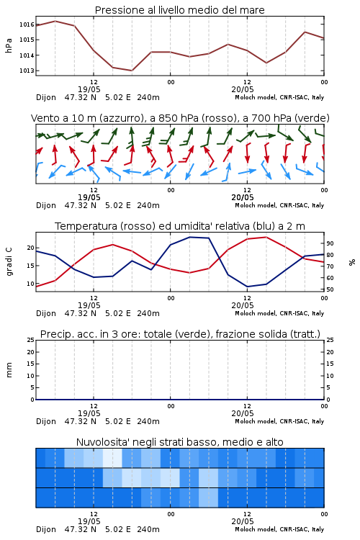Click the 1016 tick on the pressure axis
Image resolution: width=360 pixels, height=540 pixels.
27,24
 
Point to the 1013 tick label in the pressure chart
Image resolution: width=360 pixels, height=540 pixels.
27,71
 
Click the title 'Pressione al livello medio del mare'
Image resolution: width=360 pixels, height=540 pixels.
180,10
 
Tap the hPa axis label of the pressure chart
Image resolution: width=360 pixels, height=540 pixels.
9,45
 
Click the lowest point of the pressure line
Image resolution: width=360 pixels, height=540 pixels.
132,71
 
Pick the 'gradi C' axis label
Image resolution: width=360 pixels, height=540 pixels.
9,261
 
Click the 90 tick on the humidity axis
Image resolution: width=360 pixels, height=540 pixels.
330,243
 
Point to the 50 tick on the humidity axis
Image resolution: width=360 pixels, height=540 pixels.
330,289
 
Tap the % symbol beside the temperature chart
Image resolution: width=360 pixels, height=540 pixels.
352,262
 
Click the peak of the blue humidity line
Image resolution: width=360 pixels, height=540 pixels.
189,237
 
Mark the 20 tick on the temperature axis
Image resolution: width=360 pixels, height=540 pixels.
31,248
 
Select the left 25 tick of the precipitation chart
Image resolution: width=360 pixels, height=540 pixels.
31,340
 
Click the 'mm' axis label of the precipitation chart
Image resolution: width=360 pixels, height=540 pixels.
9,369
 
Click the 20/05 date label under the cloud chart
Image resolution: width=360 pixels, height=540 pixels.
243,521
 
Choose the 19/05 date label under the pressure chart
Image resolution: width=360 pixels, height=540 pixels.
89,89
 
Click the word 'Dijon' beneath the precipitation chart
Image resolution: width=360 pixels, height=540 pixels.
46,421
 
